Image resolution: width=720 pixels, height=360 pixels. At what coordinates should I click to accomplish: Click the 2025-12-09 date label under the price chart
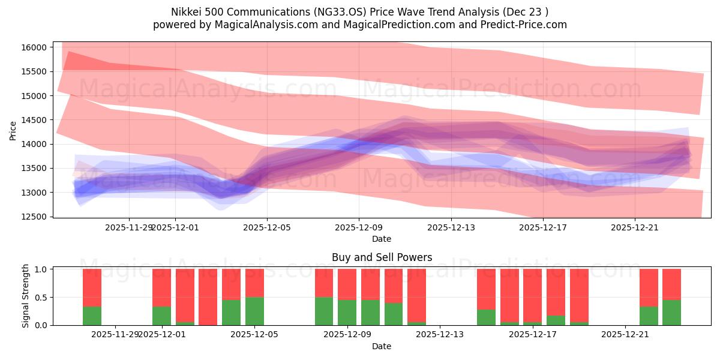[x=359, y=228]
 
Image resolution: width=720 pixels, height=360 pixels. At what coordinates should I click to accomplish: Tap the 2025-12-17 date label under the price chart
[x=543, y=228]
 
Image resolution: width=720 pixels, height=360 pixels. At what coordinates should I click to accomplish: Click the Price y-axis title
[x=13, y=130]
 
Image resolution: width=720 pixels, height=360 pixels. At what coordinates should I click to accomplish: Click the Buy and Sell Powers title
[x=382, y=257]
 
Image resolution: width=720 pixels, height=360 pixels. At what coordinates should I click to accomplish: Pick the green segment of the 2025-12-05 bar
[x=254, y=311]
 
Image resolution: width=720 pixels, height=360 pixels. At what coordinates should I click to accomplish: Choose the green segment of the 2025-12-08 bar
[x=324, y=311]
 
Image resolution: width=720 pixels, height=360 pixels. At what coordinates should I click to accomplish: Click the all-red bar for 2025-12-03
[x=208, y=297]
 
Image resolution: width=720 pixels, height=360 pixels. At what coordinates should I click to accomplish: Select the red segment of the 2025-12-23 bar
[x=671, y=284]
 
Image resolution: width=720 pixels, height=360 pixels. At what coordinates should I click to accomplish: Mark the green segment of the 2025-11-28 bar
[x=92, y=316]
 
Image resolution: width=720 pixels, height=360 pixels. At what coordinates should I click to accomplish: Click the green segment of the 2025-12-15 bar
[x=486, y=317]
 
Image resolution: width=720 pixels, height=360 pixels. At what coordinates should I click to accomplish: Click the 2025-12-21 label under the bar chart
[x=625, y=335]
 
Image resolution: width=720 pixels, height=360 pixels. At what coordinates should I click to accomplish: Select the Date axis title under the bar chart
[x=382, y=346]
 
